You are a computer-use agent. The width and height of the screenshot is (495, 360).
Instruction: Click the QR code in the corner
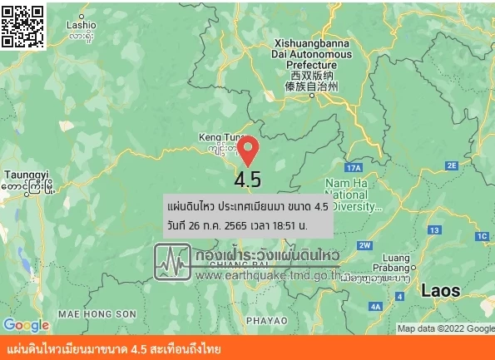click(22, 25)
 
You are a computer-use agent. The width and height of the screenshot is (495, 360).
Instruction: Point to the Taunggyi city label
click(27, 180)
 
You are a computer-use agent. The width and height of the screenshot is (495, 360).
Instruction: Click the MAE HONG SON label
click(97, 313)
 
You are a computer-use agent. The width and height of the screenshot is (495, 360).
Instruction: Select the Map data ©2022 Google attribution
click(446, 328)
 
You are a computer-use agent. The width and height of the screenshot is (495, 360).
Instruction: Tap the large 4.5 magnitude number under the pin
click(248, 180)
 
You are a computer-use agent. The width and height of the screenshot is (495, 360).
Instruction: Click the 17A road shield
click(352, 168)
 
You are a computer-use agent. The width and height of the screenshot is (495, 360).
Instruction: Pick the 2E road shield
click(453, 165)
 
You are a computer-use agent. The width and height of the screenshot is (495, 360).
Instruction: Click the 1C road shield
click(482, 237)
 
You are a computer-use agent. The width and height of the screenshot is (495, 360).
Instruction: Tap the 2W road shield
click(364, 244)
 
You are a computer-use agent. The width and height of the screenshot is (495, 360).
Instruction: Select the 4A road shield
click(375, 307)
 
